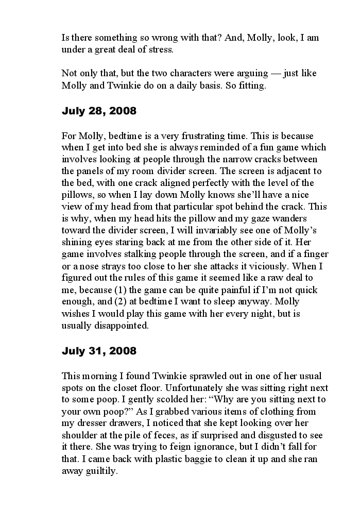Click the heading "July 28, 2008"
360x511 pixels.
click(99, 111)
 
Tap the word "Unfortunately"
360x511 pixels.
click(199, 388)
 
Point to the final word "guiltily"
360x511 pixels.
click(102, 471)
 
